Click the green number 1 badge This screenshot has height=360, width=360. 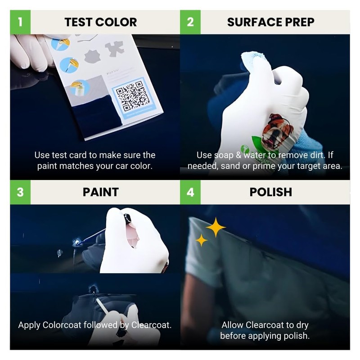pos(20,22)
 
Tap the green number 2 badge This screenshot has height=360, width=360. pos(190,22)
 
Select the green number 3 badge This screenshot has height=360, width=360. pos(20,192)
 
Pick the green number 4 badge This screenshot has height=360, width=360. pos(190,192)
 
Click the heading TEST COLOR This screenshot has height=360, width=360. pos(100,22)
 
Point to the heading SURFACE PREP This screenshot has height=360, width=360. pos(270,22)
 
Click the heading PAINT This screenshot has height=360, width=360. pos(100,192)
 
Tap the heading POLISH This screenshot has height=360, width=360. pos(270,192)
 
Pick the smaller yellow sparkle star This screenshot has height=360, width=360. pos(202,240)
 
